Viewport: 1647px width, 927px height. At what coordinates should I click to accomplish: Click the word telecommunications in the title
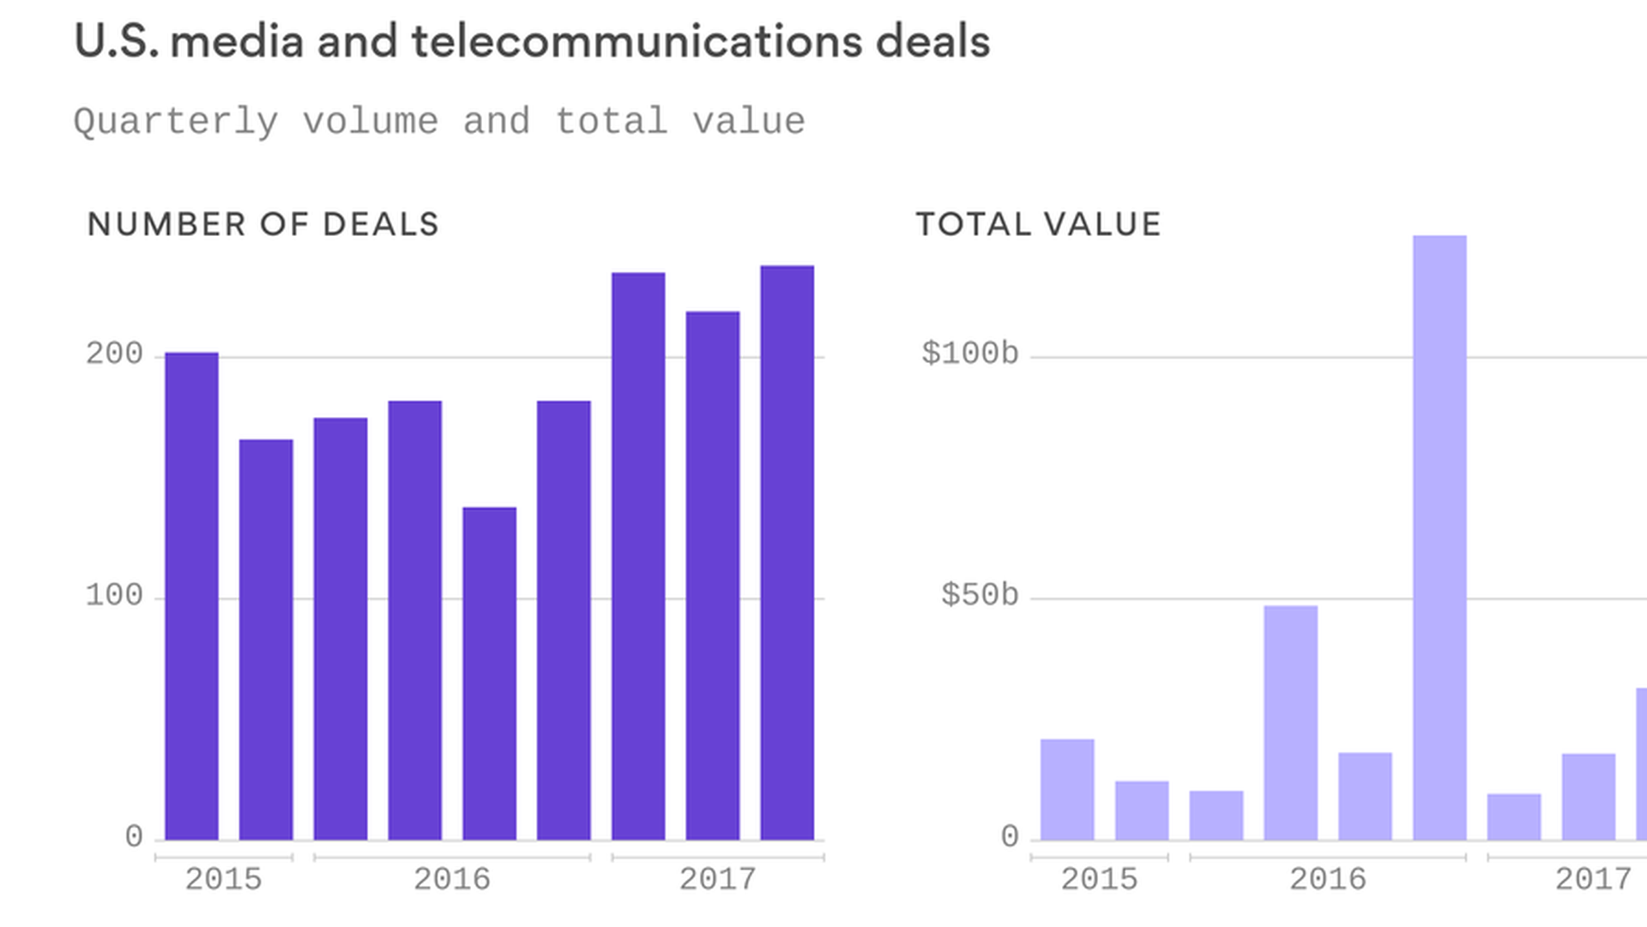(636, 42)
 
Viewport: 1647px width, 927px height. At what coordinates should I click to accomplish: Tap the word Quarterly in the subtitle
(176, 122)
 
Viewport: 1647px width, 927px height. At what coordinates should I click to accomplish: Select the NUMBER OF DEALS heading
(262, 225)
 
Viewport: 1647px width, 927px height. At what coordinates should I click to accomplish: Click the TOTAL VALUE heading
(1038, 225)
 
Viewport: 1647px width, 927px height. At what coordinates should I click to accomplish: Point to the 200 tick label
(114, 354)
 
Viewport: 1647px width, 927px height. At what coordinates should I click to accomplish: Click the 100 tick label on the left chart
(114, 596)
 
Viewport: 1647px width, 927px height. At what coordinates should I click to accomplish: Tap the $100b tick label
(969, 354)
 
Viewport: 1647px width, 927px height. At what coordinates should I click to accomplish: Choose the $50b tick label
(980, 596)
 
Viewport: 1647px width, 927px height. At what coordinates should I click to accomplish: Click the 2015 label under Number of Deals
(223, 879)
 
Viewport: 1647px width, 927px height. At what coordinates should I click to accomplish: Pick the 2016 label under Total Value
(1327, 879)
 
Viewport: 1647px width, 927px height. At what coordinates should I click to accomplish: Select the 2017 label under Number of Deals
(717, 879)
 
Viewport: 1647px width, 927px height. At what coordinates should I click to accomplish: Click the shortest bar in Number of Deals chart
(489, 674)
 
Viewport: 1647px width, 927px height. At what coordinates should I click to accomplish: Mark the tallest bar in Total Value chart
(1439, 537)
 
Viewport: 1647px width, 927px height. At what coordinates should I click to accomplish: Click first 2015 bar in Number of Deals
(191, 597)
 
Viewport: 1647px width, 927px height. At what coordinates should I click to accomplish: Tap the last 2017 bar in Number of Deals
(787, 553)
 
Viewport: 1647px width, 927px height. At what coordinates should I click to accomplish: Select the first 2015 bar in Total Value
(1067, 790)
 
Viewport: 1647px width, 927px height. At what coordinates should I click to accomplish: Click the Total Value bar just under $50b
(1290, 723)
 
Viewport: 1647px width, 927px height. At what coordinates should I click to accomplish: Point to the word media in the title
(237, 42)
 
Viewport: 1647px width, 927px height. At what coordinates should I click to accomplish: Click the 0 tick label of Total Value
(1010, 837)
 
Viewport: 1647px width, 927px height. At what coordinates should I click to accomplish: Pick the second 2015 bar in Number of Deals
(266, 639)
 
